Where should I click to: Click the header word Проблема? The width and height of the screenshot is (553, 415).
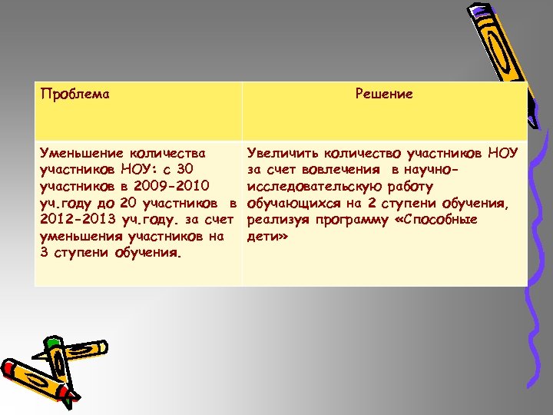[x=74, y=95]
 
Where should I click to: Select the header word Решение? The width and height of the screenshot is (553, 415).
[x=384, y=94]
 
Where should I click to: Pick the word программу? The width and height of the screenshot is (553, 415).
[x=361, y=220]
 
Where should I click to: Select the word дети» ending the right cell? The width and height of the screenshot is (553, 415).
[x=267, y=237]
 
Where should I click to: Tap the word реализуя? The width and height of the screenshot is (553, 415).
[x=277, y=220]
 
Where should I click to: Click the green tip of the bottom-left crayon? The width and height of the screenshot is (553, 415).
[x=51, y=341]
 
